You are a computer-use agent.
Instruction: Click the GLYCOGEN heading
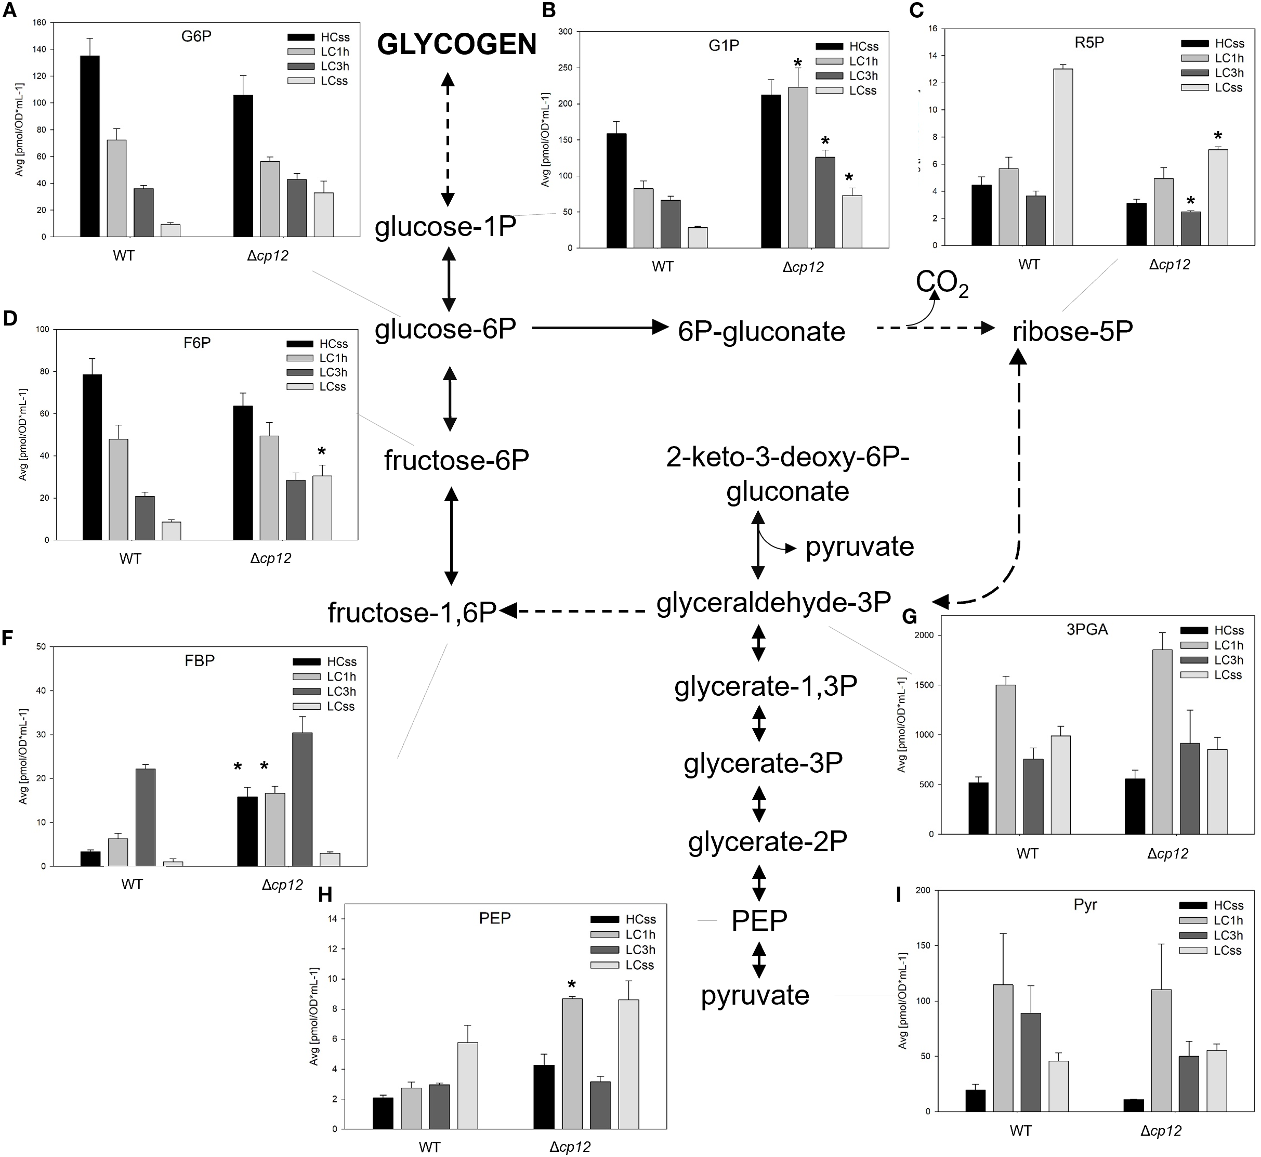pyautogui.click(x=456, y=44)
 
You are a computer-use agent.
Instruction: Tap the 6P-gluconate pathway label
pyautogui.click(x=761, y=331)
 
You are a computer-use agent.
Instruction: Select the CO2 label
pyautogui.click(x=942, y=283)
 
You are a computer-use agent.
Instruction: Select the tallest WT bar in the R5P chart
pyautogui.click(x=1062, y=157)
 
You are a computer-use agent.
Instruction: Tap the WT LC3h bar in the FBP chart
pyautogui.click(x=145, y=816)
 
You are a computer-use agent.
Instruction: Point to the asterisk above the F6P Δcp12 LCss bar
pyautogui.click(x=322, y=452)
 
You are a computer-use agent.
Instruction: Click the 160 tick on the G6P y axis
pyautogui.click(x=40, y=22)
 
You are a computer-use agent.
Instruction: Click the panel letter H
pyautogui.click(x=325, y=895)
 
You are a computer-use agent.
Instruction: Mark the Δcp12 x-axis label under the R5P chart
pyautogui.click(x=1169, y=264)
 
